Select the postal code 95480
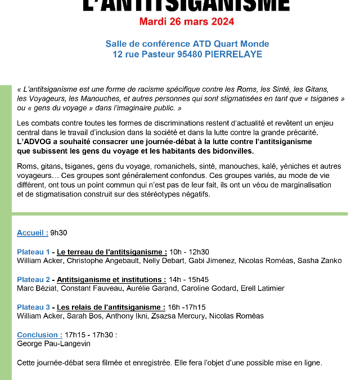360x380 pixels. coord(186,55)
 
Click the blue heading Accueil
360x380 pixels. coord(32,233)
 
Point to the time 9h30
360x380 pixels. coord(59,233)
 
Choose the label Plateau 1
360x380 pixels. coord(33,252)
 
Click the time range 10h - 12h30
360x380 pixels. coord(190,252)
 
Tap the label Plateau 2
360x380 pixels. coord(33,279)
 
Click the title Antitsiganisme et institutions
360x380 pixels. coord(111,279)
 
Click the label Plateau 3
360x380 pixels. coord(33,307)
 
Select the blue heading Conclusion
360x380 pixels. coord(39,334)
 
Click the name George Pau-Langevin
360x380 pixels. coord(54,343)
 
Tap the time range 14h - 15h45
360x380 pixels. coord(189,279)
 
